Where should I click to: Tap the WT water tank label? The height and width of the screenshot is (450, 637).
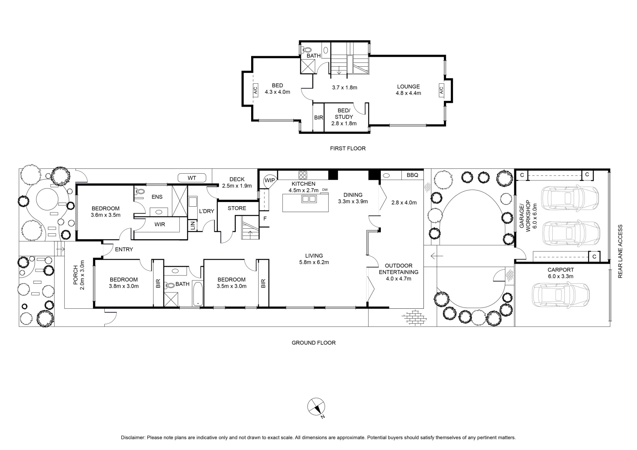point(191,178)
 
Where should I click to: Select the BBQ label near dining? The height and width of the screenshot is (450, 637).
point(412,175)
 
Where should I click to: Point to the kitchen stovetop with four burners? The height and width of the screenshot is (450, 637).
point(303,175)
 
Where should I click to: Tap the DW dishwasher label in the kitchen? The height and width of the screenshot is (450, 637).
point(325,190)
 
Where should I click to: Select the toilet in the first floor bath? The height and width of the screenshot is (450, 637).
point(307,50)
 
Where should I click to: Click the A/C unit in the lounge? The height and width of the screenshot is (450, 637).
point(441,89)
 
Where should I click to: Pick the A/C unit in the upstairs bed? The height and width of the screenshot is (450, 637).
point(255,90)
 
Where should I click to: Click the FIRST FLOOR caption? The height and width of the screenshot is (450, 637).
point(347,148)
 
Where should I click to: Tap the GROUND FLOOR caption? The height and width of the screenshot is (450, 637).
point(313,343)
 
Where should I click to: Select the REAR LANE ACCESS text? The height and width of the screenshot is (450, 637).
point(620,251)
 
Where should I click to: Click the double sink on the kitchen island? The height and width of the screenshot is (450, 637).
point(309,199)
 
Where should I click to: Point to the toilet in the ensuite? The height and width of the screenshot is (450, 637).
point(140,192)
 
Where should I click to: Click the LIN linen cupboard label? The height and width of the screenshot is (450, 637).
point(192,225)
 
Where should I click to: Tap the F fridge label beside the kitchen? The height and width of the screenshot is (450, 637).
point(264,218)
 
